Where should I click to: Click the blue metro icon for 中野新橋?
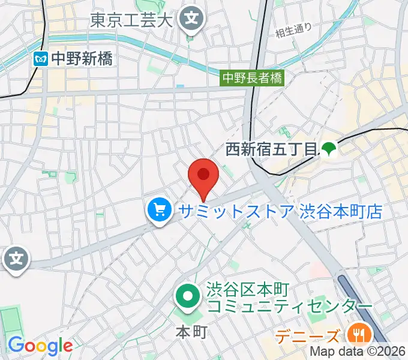[41, 59]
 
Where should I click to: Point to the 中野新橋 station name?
[81, 59]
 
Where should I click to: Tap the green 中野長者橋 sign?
[252, 77]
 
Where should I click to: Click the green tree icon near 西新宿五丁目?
[328, 148]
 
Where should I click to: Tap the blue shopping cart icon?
[159, 211]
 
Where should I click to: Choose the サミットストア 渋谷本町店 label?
[279, 211]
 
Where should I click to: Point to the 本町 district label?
[191, 331]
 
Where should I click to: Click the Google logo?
[40, 346]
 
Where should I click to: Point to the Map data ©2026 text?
[358, 352]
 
